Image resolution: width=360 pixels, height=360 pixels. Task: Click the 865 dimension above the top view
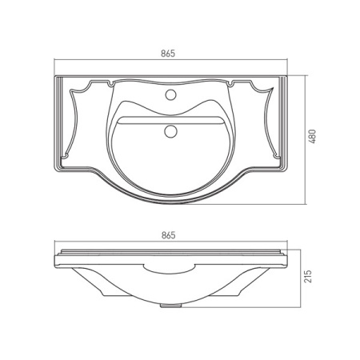(x=168, y=54)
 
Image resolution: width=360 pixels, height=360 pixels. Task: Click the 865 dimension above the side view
(x=169, y=235)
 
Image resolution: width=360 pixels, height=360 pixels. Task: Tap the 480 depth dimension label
(x=312, y=137)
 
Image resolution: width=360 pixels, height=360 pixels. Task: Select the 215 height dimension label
(x=307, y=277)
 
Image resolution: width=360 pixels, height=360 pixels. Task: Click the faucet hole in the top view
(x=170, y=94)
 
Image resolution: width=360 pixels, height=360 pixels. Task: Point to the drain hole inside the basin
(x=170, y=131)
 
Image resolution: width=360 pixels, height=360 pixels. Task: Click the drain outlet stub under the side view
(x=171, y=306)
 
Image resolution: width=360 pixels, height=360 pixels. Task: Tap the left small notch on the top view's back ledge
(x=111, y=84)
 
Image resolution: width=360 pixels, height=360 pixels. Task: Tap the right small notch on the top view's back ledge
(x=230, y=84)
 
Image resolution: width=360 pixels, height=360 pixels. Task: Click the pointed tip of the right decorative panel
(x=274, y=87)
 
